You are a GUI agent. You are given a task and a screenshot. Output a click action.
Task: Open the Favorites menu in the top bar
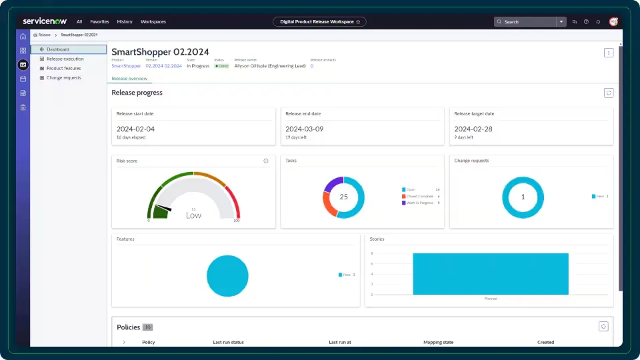[99, 21]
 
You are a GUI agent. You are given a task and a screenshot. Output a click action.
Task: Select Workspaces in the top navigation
[153, 21]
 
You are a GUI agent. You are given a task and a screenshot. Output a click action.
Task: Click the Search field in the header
[527, 21]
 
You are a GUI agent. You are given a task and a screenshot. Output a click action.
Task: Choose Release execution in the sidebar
[65, 59]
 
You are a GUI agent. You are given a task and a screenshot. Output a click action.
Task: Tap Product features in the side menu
[63, 68]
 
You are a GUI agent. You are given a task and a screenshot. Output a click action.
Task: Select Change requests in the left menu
[63, 77]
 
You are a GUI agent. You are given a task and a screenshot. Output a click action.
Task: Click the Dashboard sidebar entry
[57, 49]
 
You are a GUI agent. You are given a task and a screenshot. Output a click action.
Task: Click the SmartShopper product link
[126, 66]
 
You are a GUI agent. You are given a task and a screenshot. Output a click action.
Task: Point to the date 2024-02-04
[135, 129]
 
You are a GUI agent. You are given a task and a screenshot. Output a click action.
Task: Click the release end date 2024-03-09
[304, 129]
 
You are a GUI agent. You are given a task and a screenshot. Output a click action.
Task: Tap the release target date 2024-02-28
[473, 129]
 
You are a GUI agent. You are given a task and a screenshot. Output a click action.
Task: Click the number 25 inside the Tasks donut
[344, 197]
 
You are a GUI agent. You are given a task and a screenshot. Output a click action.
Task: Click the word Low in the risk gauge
[193, 215]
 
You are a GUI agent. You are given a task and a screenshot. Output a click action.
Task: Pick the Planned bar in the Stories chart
[491, 273]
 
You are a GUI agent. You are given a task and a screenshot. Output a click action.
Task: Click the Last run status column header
[228, 342]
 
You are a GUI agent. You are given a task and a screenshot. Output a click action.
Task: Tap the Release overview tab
[129, 79]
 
